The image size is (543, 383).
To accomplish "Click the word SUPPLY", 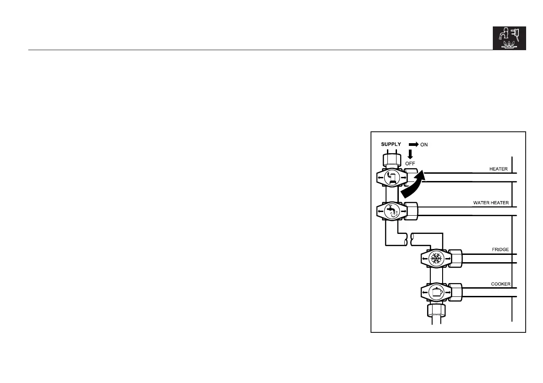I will tap(391, 144).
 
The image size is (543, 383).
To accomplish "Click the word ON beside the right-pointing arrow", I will tap(424, 144).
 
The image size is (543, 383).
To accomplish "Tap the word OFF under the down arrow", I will tap(411, 163).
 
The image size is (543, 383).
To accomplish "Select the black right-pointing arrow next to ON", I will tap(413, 144).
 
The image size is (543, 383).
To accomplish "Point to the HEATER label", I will tap(499, 169).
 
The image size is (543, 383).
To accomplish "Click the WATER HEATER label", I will tap(491, 202).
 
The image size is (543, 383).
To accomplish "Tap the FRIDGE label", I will tap(500, 249).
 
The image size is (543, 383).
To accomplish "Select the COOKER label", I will tap(500, 284).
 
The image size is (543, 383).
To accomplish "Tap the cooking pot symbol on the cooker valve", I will tap(437, 292).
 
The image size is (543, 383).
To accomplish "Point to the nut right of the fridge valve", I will tap(455, 259).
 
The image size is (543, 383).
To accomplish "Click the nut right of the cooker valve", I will tap(455, 292).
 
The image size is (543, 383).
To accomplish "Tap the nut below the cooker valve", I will tap(437, 311).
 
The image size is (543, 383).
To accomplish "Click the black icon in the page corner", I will tap(509, 37).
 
